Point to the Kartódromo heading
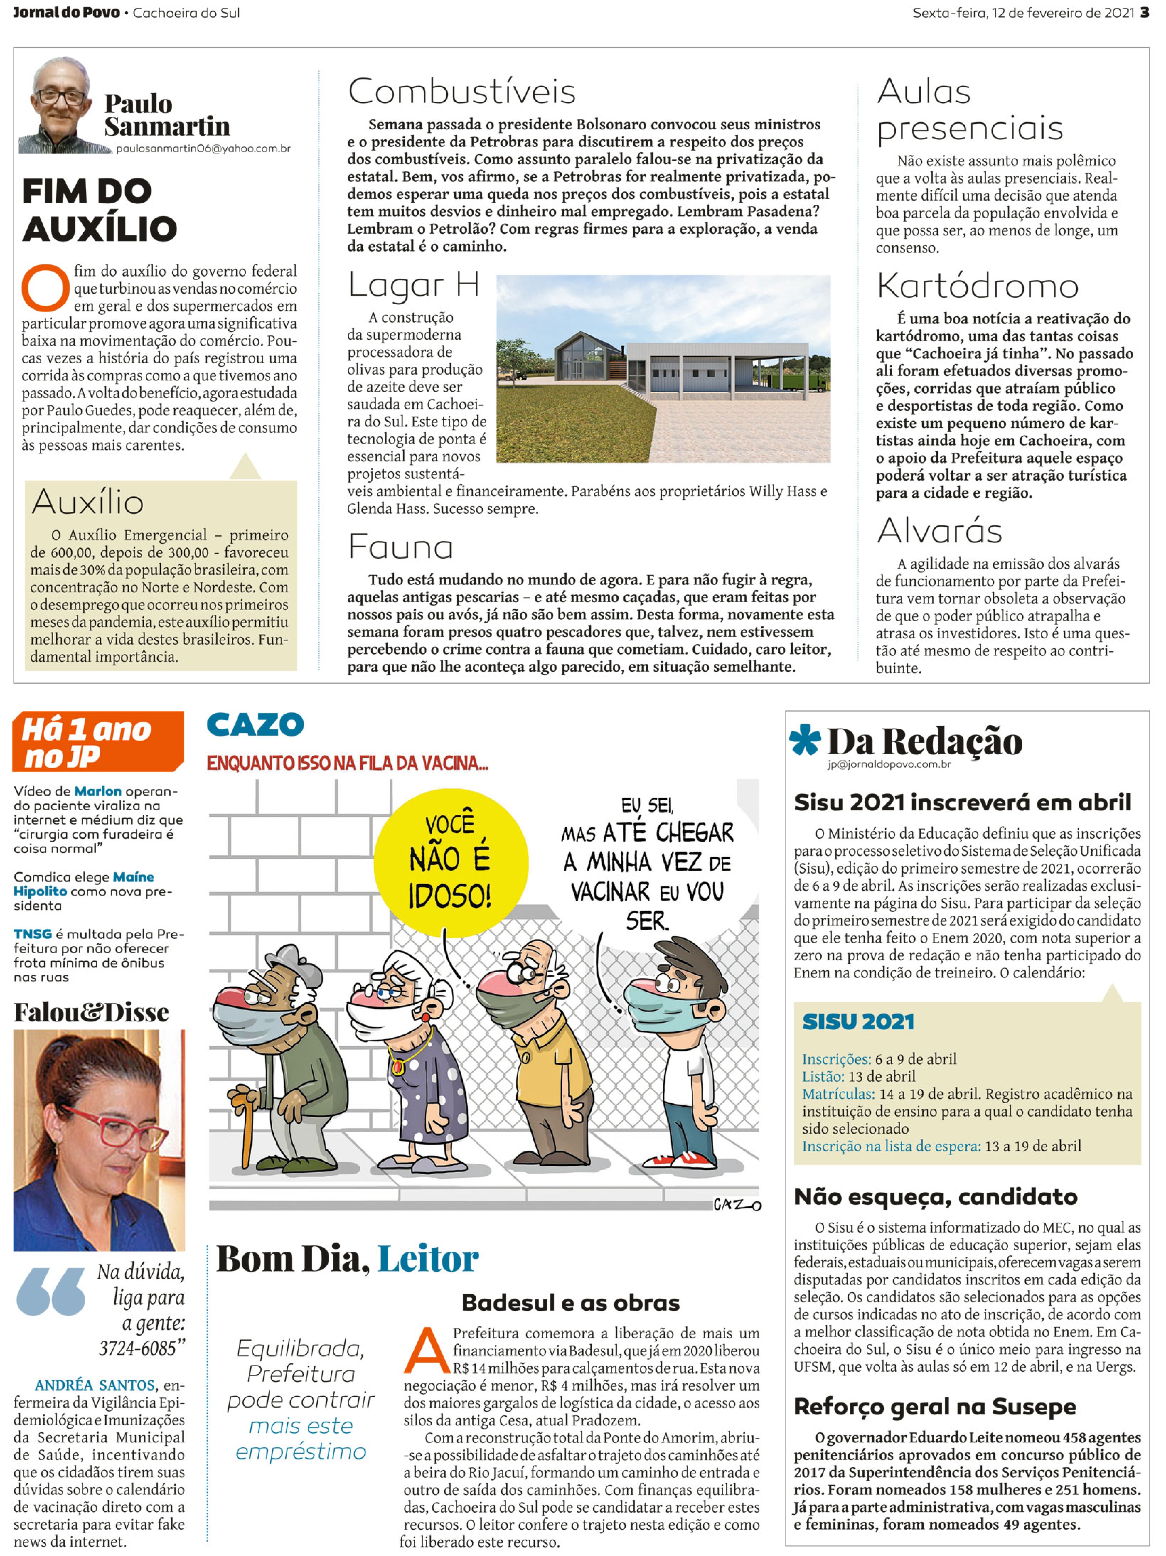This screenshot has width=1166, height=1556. [x=977, y=286]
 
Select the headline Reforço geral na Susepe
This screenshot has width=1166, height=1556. [x=935, y=1407]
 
